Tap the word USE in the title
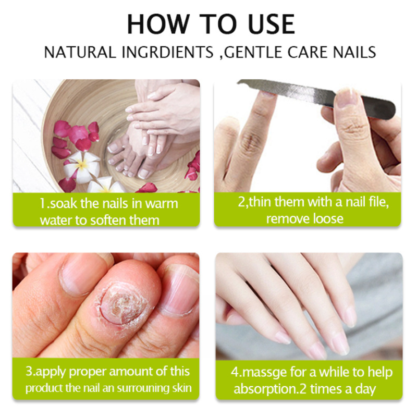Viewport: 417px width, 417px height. (271, 24)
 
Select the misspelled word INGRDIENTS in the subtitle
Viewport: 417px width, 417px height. (167, 52)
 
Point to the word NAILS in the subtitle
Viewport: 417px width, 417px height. (354, 52)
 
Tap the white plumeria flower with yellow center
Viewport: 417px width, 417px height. (82, 165)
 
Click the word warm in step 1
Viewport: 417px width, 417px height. (162, 204)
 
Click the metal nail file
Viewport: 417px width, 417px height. (316, 97)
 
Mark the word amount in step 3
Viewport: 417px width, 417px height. (131, 372)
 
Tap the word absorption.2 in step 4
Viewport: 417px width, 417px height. (270, 389)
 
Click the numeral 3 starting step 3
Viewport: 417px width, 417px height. (29, 372)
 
